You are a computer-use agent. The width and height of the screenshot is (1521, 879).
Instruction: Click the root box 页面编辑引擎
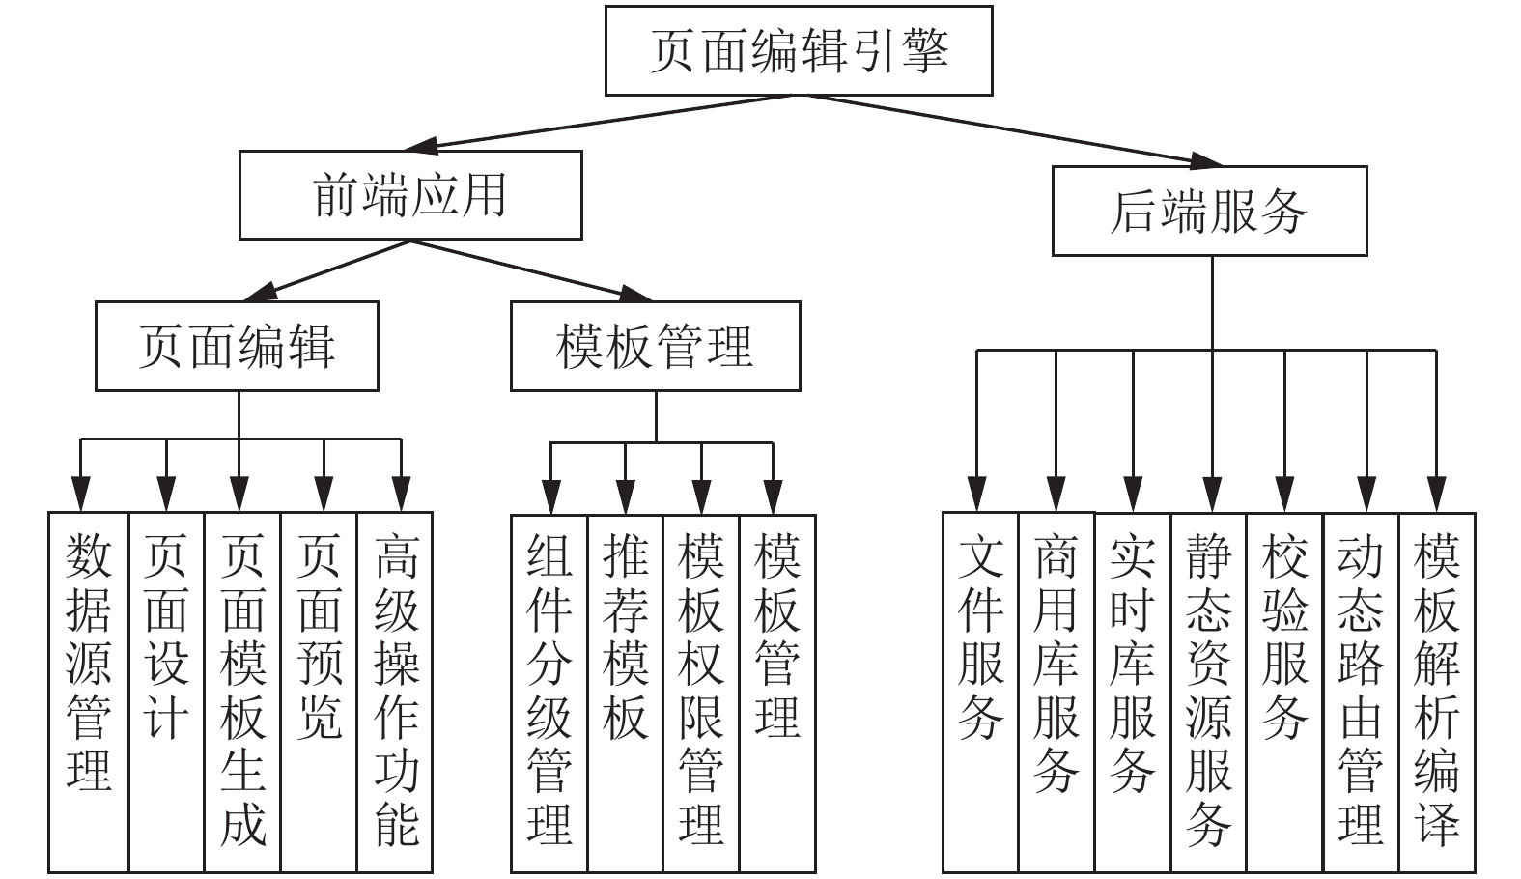click(799, 51)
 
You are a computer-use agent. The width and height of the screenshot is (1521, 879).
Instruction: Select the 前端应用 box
click(410, 195)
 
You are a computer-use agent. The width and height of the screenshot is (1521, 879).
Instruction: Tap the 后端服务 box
click(1209, 212)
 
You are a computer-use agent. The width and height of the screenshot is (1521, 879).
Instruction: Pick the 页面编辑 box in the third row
click(237, 347)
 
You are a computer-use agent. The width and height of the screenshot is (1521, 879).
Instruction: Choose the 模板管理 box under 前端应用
click(656, 347)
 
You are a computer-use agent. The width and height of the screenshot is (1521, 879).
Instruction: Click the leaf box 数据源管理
click(88, 693)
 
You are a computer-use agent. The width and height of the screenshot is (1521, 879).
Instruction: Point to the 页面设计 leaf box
click(166, 693)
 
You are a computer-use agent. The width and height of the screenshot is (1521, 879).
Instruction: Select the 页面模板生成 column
click(242, 693)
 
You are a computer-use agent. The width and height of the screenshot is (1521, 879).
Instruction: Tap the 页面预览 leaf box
click(319, 693)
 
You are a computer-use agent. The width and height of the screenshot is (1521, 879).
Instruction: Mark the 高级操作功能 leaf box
click(395, 693)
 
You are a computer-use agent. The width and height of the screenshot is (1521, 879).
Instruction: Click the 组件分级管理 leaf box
click(549, 694)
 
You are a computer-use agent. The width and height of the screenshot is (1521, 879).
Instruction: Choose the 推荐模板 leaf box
click(626, 694)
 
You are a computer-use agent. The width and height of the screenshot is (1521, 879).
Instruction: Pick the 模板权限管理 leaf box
click(701, 694)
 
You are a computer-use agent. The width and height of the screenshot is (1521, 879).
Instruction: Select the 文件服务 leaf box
click(980, 693)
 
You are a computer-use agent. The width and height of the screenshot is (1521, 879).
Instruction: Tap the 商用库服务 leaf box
click(1056, 693)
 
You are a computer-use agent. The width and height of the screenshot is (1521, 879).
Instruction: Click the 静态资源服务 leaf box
click(1209, 693)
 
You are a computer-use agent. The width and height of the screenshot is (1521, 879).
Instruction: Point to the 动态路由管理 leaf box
click(1361, 693)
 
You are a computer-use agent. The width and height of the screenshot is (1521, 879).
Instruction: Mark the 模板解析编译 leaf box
click(1438, 693)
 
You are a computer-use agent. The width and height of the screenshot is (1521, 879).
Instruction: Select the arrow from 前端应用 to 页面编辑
click(326, 270)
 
